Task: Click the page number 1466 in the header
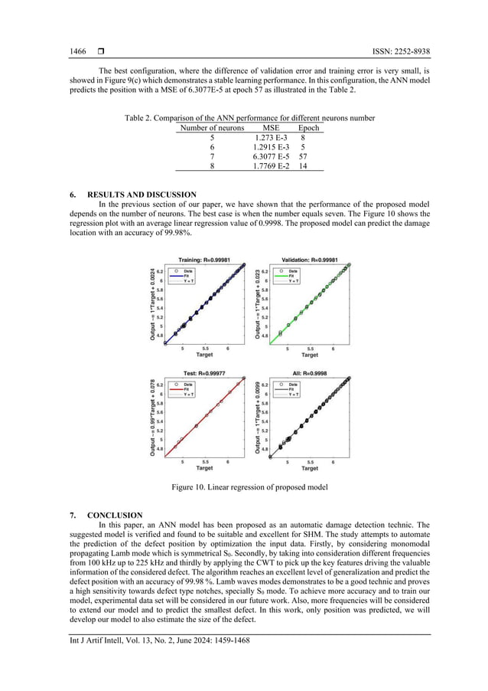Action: click(x=77, y=51)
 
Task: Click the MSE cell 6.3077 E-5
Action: click(x=271, y=156)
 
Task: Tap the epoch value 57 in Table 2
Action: click(x=304, y=156)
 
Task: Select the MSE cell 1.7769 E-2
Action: click(x=271, y=165)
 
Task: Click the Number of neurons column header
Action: click(x=212, y=128)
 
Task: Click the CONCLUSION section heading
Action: click(x=115, y=515)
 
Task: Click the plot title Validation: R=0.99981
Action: click(x=309, y=259)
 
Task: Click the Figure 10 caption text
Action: click(x=249, y=486)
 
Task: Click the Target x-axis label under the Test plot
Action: click(x=204, y=468)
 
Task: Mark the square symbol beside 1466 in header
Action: click(x=100, y=51)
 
